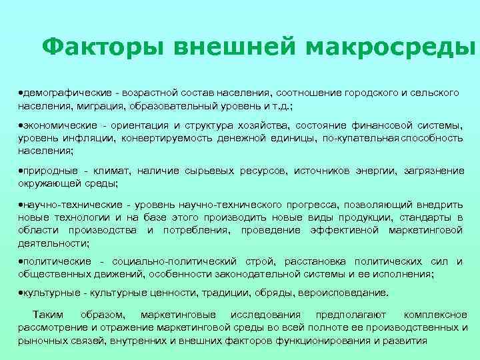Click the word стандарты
click(x=429, y=217)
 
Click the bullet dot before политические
click(x=21, y=261)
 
